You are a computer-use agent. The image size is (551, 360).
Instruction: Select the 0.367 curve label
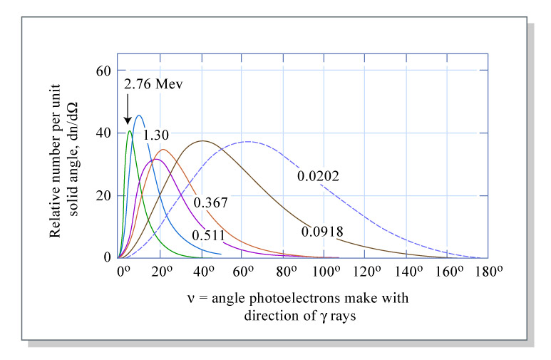210,202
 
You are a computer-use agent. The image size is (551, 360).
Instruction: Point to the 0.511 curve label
207,235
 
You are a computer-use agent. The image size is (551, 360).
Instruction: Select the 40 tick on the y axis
105,133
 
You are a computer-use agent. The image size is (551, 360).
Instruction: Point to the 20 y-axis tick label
105,195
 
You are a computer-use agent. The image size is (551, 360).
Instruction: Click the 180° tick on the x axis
491,272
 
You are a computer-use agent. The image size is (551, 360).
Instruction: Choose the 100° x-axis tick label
327,272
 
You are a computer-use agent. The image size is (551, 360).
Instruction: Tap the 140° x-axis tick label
410,272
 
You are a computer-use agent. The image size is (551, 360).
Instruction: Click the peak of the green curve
129,131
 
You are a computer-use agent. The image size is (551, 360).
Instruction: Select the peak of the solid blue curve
139,115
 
